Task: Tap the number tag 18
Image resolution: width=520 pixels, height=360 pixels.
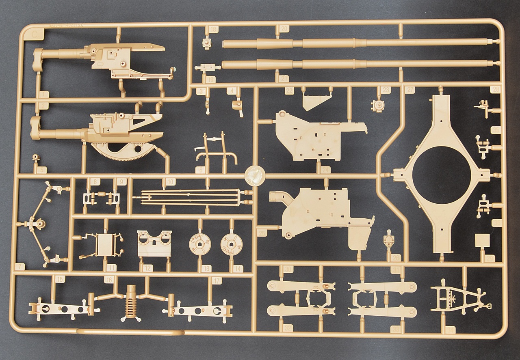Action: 212,29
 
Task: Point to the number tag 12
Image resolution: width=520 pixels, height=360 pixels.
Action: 148,268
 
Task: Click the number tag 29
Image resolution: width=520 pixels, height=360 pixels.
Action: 490,258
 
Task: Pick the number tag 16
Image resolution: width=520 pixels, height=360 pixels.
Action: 108,279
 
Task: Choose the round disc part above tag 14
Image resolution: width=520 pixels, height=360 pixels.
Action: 231,245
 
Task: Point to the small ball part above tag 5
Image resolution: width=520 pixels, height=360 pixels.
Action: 36,157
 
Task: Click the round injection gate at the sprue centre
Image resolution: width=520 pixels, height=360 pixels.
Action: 255,177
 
